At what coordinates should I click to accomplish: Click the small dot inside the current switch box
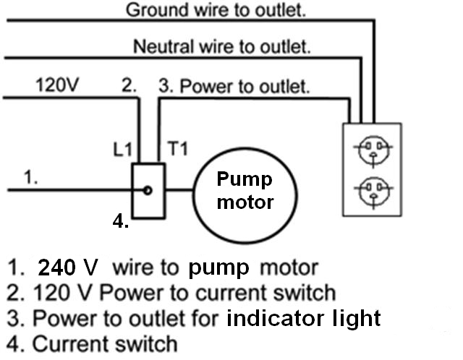(x=148, y=190)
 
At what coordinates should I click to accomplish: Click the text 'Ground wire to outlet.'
(x=216, y=10)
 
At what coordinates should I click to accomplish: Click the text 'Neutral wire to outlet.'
(x=222, y=48)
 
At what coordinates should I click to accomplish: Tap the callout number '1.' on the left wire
(x=30, y=178)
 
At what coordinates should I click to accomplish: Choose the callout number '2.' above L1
(x=129, y=86)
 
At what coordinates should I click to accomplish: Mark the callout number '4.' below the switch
(x=121, y=222)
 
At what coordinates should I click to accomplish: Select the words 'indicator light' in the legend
(x=303, y=317)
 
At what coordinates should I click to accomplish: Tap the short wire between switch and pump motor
(x=179, y=190)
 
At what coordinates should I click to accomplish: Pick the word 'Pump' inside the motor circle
(x=244, y=179)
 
